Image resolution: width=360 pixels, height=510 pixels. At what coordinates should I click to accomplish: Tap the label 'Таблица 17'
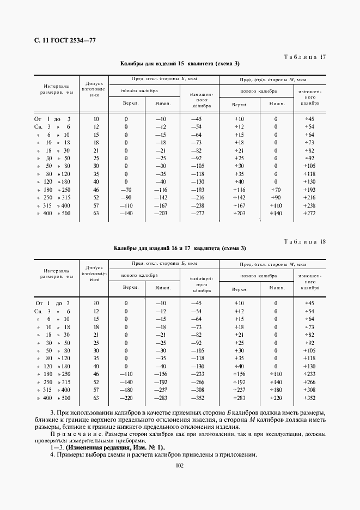click(305, 57)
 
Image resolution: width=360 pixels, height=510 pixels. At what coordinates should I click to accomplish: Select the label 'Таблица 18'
click(305, 241)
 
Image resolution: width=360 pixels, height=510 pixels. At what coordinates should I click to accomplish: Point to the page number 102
click(180, 464)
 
